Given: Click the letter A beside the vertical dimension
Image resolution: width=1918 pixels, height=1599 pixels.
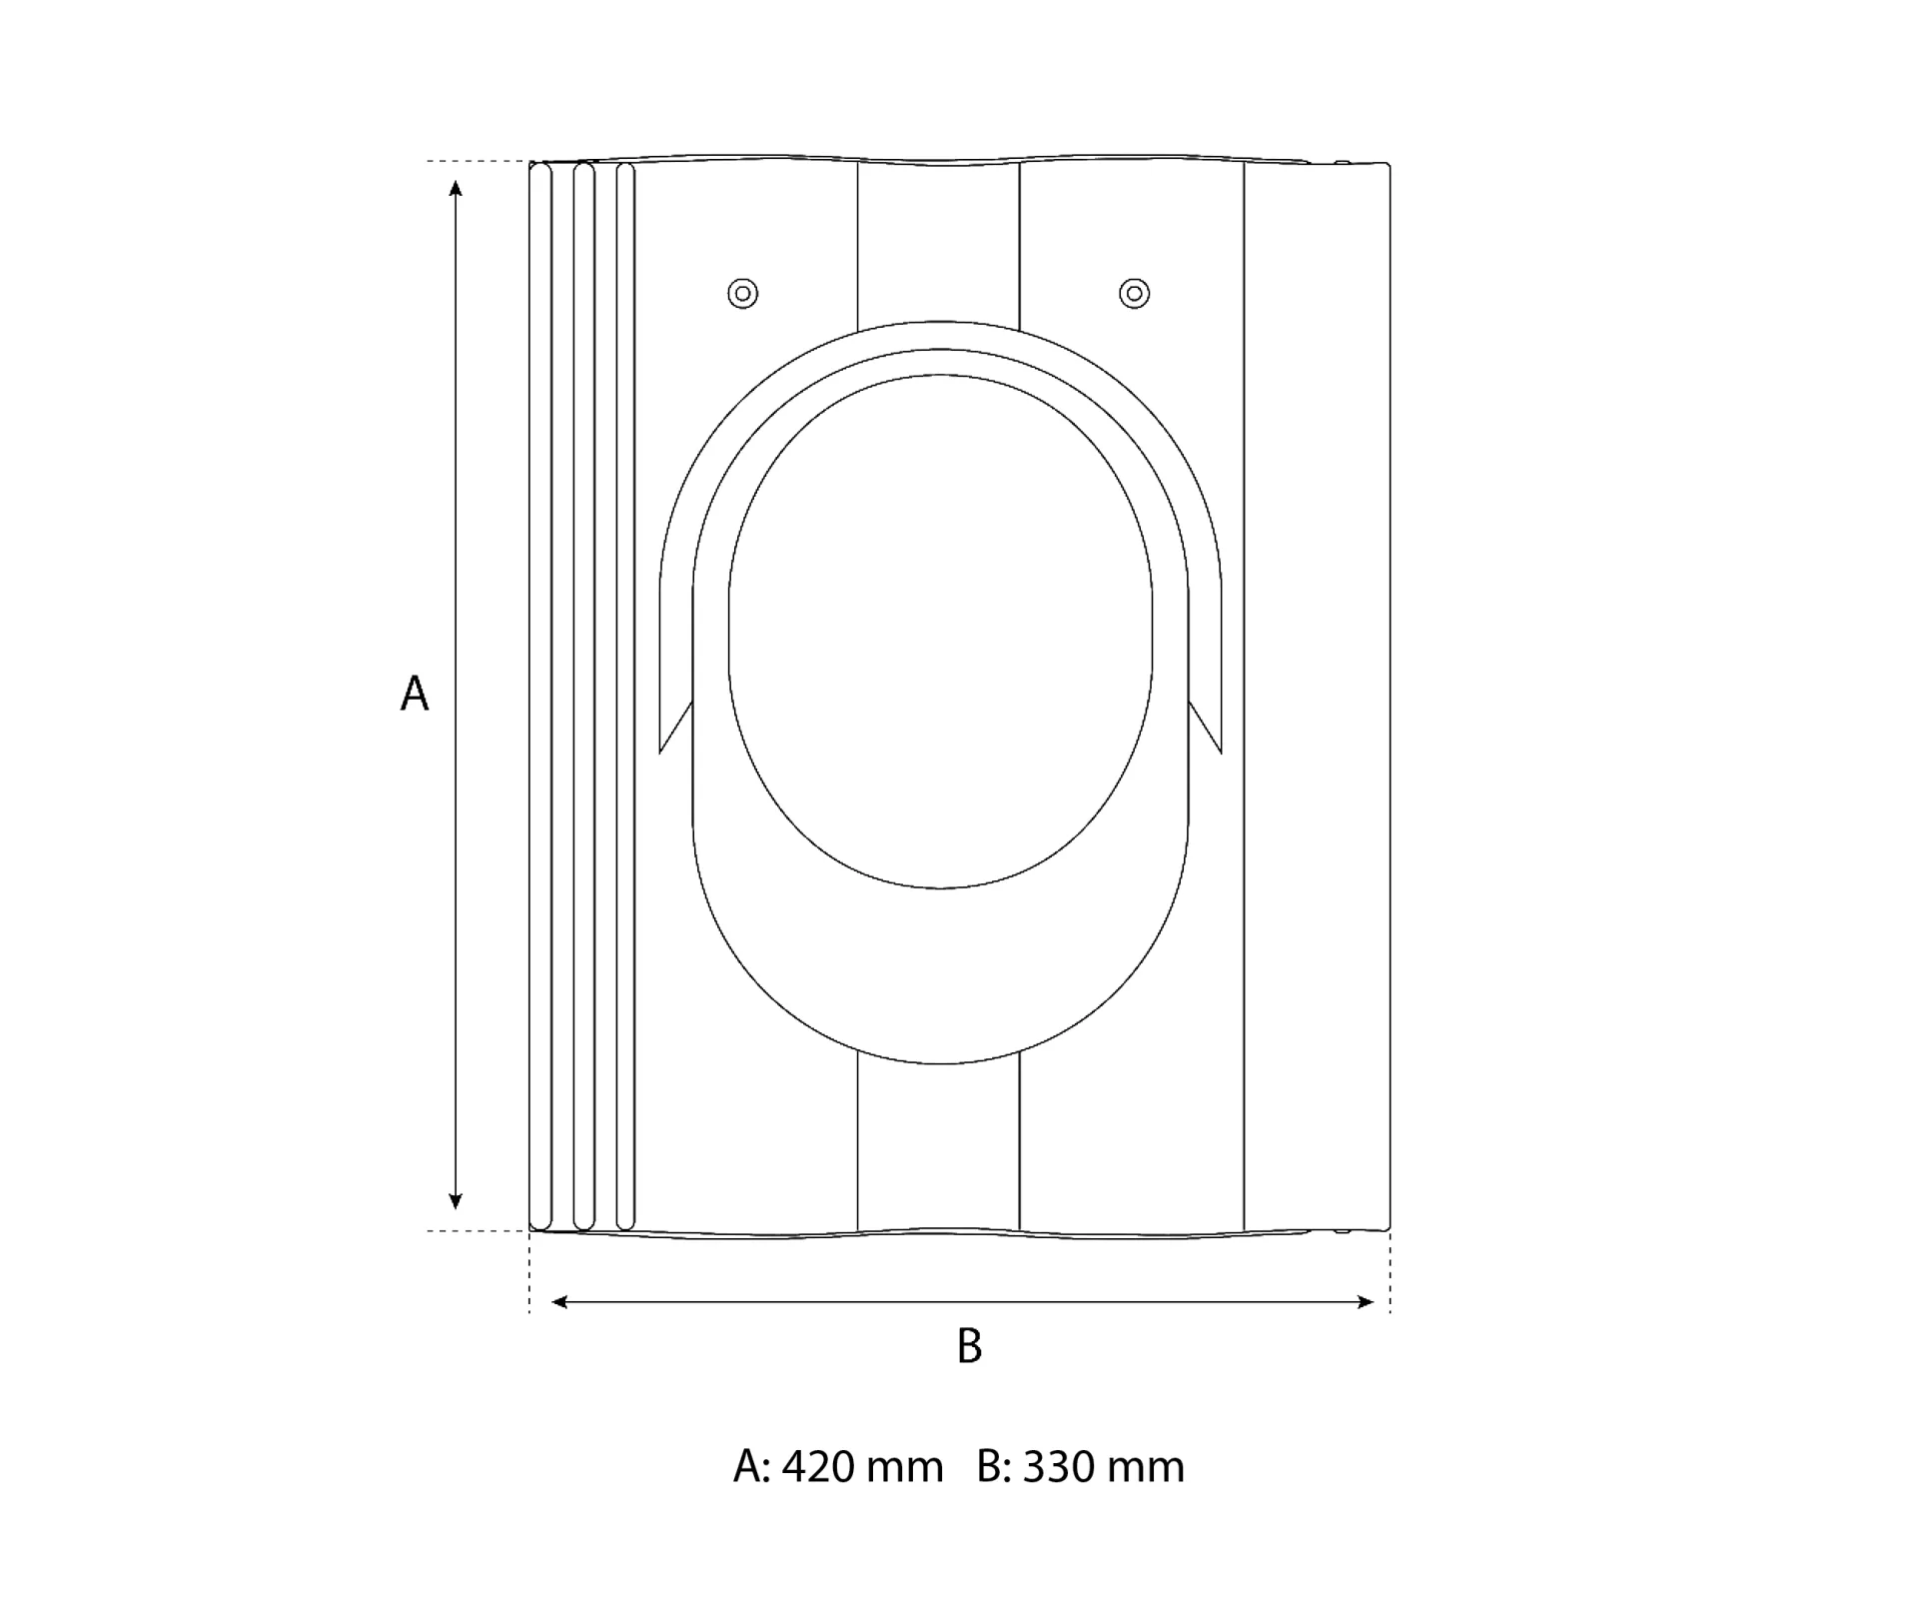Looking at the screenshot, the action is tap(415, 693).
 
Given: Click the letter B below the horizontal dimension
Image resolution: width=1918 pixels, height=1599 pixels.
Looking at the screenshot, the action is tap(969, 1346).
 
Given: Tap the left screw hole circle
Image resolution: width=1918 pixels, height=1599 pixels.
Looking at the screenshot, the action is tap(742, 293).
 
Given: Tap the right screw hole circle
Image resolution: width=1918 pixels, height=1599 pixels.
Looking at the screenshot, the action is tap(1134, 293).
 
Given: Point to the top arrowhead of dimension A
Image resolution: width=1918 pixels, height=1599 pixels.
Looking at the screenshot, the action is tap(456, 189).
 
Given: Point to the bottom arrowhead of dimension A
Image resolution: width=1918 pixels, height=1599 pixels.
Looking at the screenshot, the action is tap(456, 1201).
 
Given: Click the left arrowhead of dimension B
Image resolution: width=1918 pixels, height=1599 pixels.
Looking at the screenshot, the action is tap(560, 1301).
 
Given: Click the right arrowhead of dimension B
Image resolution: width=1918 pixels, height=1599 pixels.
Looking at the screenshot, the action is tap(1366, 1301).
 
